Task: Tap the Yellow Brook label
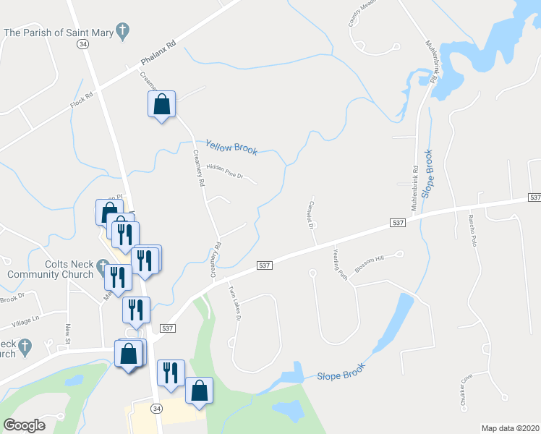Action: (231, 147)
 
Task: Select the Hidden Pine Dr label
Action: (226, 171)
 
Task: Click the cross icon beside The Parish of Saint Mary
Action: (123, 31)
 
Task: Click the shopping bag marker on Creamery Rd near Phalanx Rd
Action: (162, 105)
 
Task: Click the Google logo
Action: (24, 425)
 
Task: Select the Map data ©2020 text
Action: (510, 428)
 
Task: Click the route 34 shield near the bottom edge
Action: (156, 409)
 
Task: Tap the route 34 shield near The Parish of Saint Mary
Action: (83, 44)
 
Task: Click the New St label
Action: (68, 334)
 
